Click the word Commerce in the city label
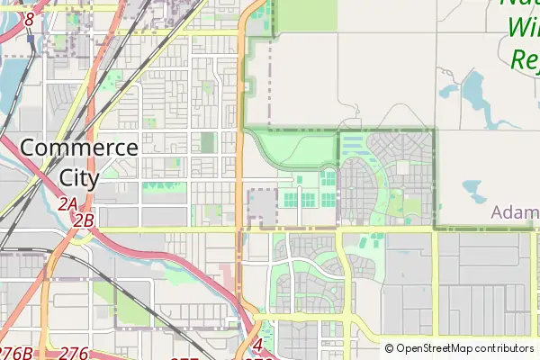tap(79, 148)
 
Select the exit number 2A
tap(67, 204)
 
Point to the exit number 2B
tap(85, 220)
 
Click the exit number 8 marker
tap(29, 18)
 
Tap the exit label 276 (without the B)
tap(74, 353)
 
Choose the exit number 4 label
tap(258, 345)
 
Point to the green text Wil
tap(523, 29)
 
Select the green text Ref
tap(525, 59)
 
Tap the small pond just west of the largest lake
tap(447, 91)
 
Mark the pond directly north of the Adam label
tap(472, 190)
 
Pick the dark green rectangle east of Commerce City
tap(208, 142)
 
